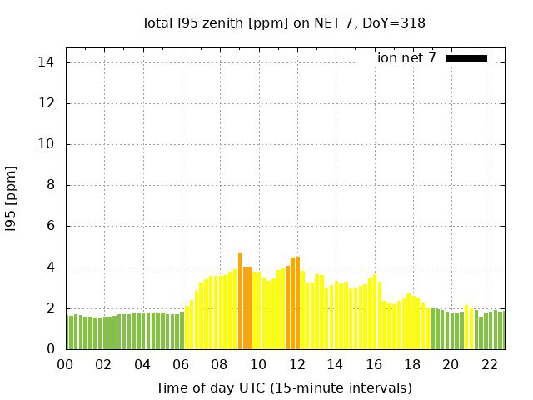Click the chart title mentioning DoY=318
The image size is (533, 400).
click(283, 22)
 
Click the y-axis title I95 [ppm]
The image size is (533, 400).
click(12, 198)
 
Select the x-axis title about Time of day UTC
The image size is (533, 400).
click(283, 387)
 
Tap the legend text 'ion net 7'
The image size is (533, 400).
click(406, 58)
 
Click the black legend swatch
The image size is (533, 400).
click(466, 58)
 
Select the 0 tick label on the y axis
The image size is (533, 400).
click(51, 349)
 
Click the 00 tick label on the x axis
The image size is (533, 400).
click(65, 364)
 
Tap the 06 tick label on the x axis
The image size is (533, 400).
click(181, 364)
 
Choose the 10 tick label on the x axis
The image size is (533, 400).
click(258, 364)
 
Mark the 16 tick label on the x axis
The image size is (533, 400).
click(373, 364)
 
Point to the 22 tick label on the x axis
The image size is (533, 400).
click(489, 364)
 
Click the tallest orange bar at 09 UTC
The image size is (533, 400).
click(240, 301)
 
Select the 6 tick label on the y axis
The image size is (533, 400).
click(51, 226)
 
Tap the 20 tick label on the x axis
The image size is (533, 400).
click(451, 364)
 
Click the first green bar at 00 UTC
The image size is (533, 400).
click(67, 332)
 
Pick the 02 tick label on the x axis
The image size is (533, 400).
click(103, 364)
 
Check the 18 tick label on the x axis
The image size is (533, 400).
click(412, 364)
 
